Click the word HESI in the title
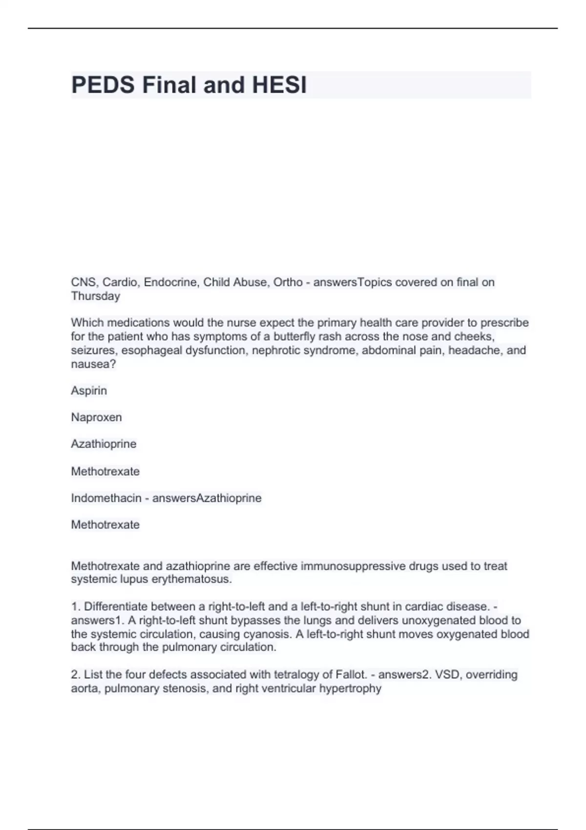tap(279, 85)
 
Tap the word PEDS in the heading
tap(103, 85)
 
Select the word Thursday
tap(95, 296)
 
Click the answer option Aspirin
tap(89, 391)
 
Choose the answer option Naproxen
tap(96, 417)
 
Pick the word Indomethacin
tap(106, 498)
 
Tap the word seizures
tap(94, 350)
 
